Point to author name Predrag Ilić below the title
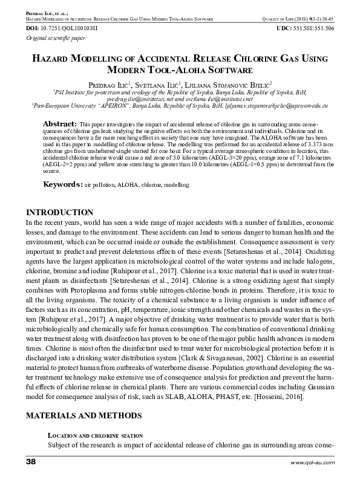pos(107,83)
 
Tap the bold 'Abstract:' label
pos(59,124)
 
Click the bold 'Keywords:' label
pos(62,183)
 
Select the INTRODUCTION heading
pos(59,213)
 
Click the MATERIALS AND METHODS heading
pos(83,415)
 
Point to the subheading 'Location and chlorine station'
pos(95,436)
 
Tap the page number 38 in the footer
pos(31,462)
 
